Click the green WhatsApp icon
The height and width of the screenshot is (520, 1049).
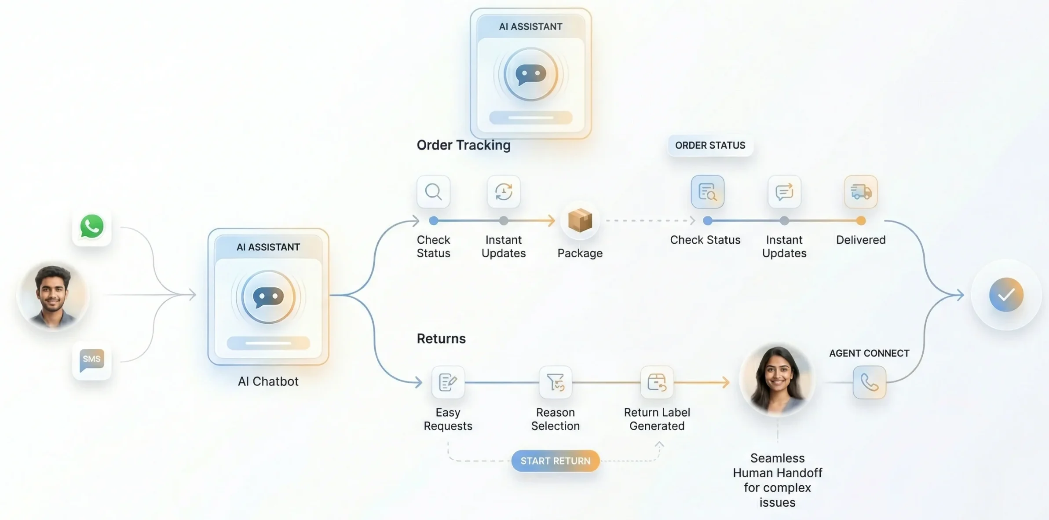point(91,226)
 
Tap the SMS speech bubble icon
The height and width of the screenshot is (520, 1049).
point(91,360)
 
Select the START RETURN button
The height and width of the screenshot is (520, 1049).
point(555,461)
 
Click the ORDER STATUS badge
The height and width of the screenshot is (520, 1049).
point(710,145)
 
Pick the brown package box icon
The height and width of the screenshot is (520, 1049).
point(580,220)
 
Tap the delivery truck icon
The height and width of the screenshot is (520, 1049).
point(861,192)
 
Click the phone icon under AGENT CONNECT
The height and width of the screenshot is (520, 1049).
point(869,382)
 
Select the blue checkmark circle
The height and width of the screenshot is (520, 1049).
point(1006,295)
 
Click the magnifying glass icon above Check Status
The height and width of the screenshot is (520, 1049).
point(433,192)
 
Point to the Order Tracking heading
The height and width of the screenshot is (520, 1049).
point(464,145)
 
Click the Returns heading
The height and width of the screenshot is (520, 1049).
point(441,338)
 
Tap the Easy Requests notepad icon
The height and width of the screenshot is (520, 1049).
point(448,382)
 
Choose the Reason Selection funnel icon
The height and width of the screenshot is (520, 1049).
point(555,382)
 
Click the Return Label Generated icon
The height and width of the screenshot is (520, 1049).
point(657,382)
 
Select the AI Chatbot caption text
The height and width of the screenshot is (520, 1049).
point(268,381)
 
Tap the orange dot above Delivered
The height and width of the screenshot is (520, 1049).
point(861,220)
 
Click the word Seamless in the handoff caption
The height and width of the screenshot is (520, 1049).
point(777,458)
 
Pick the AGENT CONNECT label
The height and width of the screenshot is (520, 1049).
point(869,353)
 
